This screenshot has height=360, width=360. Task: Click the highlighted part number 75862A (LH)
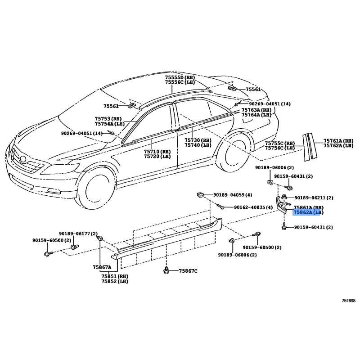point(308,212)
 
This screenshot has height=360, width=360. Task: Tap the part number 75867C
point(188,271)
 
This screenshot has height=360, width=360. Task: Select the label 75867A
point(102,267)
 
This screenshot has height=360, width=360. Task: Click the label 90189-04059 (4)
point(233,195)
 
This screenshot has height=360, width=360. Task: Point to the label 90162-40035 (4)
point(253,207)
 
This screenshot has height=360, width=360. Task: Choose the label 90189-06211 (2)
point(314,198)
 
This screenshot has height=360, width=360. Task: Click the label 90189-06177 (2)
point(78,234)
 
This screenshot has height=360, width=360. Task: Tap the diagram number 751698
point(348,301)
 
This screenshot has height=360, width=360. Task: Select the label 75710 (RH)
point(157,152)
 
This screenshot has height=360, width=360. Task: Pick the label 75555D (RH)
point(180,77)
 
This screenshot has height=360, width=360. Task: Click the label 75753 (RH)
point(108,119)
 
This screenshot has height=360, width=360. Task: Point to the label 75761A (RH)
point(338,141)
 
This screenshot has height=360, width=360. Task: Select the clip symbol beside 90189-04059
point(200,195)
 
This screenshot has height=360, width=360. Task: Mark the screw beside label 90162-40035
point(220,206)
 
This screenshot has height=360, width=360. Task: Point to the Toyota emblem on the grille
point(23,159)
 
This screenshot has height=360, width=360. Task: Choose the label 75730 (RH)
point(198,140)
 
